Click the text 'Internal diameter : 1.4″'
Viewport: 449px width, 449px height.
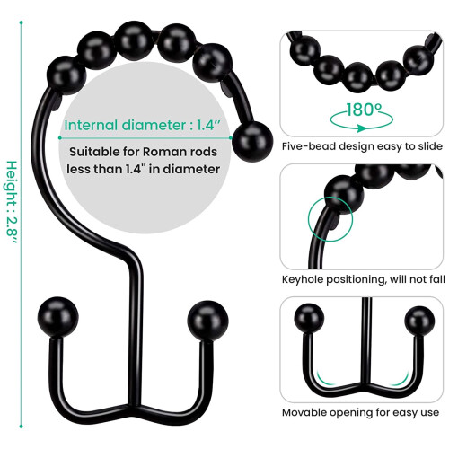point(143,125)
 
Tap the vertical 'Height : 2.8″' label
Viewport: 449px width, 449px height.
point(13,202)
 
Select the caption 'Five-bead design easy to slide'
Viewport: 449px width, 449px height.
point(362,146)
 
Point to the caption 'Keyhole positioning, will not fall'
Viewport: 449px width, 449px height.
point(364,279)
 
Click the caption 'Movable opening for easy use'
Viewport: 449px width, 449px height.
point(360,412)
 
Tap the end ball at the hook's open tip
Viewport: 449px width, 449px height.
point(252,142)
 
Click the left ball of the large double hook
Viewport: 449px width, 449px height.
point(57,317)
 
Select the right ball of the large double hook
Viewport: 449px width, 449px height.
point(207,321)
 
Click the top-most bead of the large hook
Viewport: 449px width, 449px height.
point(134,41)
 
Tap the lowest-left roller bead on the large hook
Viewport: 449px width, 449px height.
point(66,75)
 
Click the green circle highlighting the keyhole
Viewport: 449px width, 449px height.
point(330,219)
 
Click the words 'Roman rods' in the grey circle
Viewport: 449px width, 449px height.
point(180,152)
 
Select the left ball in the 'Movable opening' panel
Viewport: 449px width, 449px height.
point(309,318)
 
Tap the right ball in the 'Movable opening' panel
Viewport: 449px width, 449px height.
point(419,321)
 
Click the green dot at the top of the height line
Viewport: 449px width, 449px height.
point(21,22)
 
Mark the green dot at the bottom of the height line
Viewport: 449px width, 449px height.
point(21,426)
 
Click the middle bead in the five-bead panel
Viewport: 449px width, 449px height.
point(358,77)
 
